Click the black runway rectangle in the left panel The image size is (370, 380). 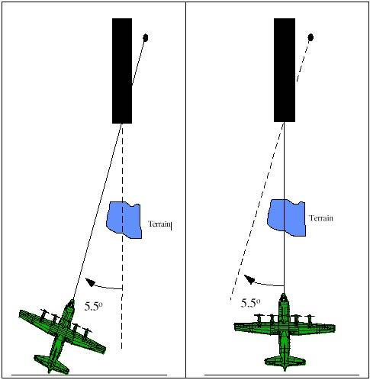pos(122,70)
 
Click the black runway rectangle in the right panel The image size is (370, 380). pos(285,70)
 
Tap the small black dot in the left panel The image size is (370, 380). pos(146,37)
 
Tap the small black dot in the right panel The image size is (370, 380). pos(310,37)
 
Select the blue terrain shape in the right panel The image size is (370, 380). pos(287,218)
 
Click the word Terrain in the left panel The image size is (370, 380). pos(158,224)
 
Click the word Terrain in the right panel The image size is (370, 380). pos(321,218)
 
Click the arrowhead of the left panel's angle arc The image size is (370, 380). pos(89,280)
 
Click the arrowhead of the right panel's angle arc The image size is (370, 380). pos(249,279)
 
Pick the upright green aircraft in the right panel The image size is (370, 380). pos(284,329)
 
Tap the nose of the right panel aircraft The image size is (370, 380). pos(284,295)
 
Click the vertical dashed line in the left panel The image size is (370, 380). pos(122,252)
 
